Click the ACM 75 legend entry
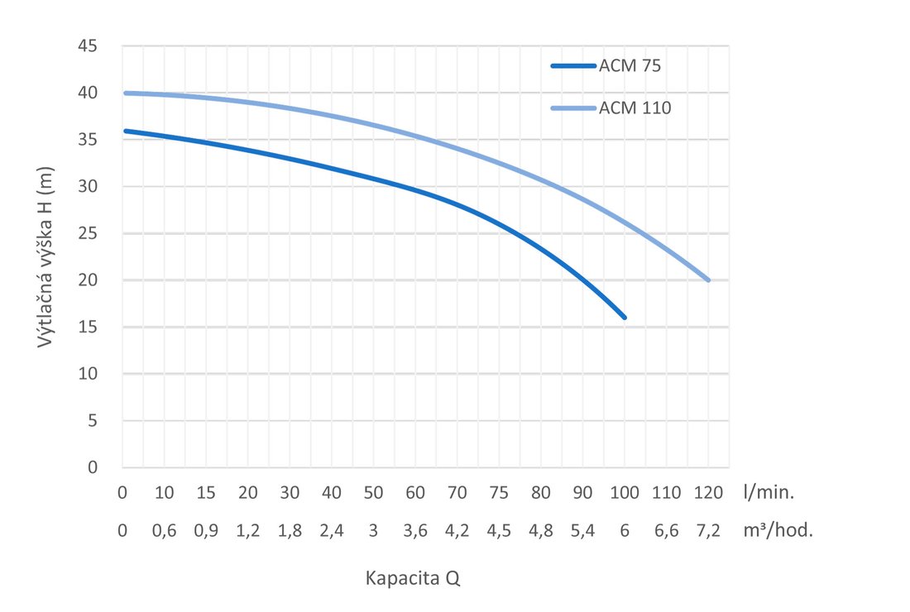630,67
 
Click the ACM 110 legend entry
634,108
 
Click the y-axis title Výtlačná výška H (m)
47,256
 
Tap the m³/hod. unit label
778,531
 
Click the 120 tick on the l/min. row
708,493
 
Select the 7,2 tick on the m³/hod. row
708,531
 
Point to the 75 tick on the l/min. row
499,493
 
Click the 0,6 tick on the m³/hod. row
165,531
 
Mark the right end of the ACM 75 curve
625,318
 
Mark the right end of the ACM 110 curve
708,280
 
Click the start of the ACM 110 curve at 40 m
124,93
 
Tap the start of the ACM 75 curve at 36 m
124,131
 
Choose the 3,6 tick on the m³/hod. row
415,531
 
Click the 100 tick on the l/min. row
625,493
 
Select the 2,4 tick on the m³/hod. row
332,531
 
